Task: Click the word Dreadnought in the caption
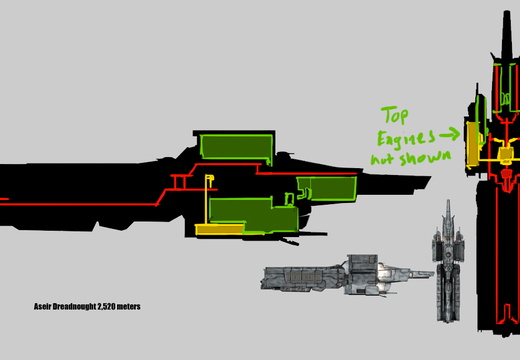click(x=74, y=306)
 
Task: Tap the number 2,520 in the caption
click(x=106, y=307)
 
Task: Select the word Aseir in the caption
click(x=42, y=306)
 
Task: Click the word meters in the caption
click(x=128, y=307)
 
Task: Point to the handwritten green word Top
click(x=395, y=116)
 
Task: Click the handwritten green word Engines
click(x=406, y=138)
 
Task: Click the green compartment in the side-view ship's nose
click(x=328, y=188)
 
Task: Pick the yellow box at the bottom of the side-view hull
click(x=219, y=229)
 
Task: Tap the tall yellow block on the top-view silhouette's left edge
click(x=471, y=144)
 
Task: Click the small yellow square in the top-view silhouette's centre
click(x=505, y=154)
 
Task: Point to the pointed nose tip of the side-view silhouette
click(x=430, y=177)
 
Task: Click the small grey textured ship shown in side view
click(x=347, y=275)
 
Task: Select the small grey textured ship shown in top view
click(x=449, y=261)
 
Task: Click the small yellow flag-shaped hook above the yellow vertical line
click(x=210, y=178)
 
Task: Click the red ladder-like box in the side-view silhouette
click(x=179, y=182)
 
